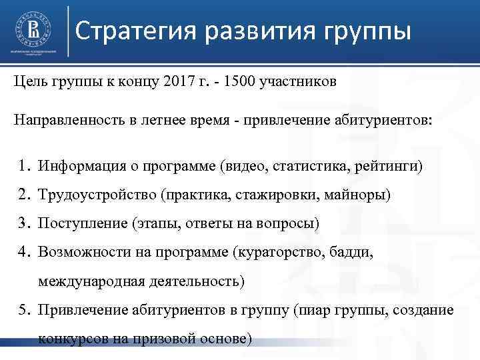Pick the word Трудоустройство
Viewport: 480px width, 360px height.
coord(91,194)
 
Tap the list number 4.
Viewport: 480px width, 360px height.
coord(23,252)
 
